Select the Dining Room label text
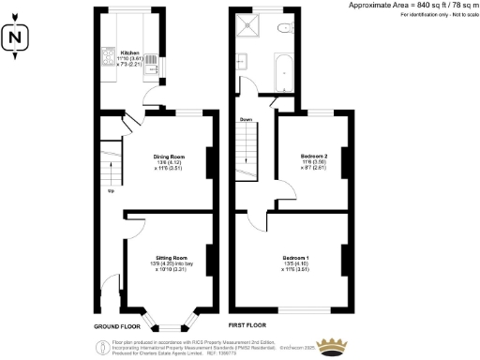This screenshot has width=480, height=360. (x=169, y=159)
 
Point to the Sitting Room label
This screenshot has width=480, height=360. (x=171, y=260)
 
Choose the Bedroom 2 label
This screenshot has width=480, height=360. (x=313, y=158)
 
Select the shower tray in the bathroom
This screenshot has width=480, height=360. (x=250, y=26)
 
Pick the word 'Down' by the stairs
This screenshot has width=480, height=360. (x=246, y=119)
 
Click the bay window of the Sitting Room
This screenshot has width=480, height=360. (x=170, y=322)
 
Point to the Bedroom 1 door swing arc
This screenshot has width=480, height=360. (x=258, y=221)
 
